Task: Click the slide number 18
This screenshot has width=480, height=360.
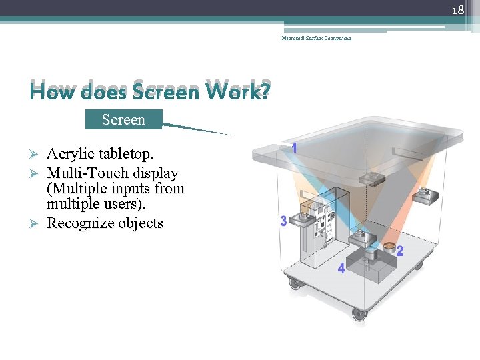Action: [457, 11]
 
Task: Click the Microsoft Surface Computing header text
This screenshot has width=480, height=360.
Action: [316, 38]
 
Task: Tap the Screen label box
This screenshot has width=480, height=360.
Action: [123, 120]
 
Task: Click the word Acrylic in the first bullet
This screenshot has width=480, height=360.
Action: [69, 154]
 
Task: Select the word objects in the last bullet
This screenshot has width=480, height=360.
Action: [141, 223]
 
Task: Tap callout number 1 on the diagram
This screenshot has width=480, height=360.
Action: [294, 148]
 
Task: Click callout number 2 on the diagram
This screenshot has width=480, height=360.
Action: [400, 251]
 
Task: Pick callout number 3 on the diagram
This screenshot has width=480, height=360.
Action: [283, 221]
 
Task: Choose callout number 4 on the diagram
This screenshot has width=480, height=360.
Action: [341, 268]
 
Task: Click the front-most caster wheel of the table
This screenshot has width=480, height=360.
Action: [360, 313]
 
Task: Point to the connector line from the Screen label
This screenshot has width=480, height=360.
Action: [197, 129]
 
